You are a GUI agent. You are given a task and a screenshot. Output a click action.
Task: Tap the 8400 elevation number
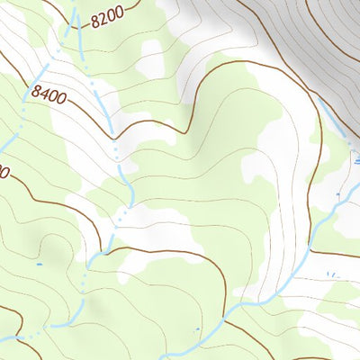(48, 93)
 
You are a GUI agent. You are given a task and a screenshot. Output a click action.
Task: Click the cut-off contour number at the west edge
(4, 171)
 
